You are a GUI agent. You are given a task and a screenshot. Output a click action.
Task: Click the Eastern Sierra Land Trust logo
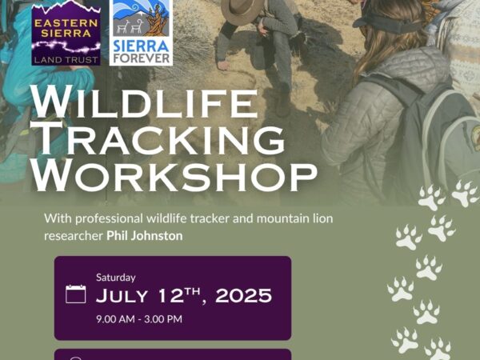pos(66,32)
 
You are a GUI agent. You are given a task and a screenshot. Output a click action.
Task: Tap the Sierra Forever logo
pos(141,33)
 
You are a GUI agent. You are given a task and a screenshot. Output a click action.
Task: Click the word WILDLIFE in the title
pos(144,102)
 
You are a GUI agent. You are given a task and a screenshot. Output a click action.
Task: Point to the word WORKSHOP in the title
pos(174,175)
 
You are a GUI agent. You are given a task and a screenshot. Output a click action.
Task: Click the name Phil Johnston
pos(145,236)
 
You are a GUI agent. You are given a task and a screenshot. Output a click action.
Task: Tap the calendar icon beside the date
pos(76,294)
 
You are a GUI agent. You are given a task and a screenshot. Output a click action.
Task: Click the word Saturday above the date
pos(116,278)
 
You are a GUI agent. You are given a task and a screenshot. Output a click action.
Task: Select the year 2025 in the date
pos(243,296)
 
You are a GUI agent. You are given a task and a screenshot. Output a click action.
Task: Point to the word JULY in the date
pos(122,296)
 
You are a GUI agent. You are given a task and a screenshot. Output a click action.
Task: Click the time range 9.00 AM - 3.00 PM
pos(139,319)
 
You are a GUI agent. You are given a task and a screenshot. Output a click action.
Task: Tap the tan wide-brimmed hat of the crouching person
pos(242,11)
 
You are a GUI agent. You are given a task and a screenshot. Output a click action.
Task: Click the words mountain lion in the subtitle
pos(294,218)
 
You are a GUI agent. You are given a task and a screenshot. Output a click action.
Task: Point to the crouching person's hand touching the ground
pos(223,66)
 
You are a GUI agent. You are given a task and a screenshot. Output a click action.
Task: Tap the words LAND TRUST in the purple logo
pos(66,60)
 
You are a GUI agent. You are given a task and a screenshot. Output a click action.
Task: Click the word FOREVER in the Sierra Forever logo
pos(141,58)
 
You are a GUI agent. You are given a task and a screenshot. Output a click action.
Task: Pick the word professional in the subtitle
pos(110,219)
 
